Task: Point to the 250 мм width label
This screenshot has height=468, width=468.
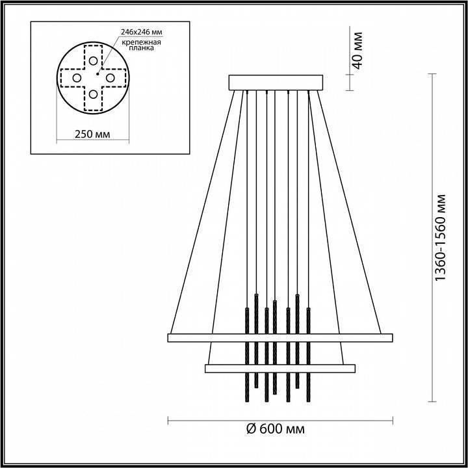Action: [90, 134]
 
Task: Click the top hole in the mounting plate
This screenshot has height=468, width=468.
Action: [94, 60]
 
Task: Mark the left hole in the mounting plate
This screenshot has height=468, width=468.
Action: [76, 78]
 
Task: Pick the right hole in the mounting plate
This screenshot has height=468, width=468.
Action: [110, 78]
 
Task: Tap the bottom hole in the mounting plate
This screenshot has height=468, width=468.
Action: [94, 95]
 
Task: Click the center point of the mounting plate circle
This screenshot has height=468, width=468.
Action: [94, 78]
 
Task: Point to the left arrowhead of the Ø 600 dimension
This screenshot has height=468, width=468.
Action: [170, 419]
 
